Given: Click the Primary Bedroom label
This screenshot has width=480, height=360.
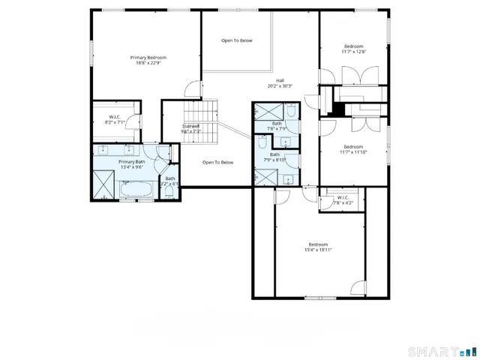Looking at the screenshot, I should [148, 58].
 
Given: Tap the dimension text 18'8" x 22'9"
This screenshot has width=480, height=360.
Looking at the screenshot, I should [148, 64].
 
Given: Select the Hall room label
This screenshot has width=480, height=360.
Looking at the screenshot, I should [280, 80].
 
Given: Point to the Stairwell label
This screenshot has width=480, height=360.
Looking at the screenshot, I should [192, 126].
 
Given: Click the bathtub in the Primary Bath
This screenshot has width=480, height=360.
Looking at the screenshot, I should [136, 190].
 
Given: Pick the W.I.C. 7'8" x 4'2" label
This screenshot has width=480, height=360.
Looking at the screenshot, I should [342, 202].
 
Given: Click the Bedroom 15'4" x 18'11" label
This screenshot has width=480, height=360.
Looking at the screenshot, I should [318, 247].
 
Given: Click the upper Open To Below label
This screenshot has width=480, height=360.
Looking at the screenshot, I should [237, 40].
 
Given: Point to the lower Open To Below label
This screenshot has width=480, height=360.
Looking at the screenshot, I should [218, 162].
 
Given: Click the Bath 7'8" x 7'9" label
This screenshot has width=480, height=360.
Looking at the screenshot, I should [277, 126].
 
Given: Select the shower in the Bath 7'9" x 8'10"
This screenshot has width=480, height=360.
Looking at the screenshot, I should [264, 177].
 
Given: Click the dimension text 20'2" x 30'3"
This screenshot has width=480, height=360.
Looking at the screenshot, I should [280, 86].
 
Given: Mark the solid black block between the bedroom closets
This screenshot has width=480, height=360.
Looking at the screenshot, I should [339, 109].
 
